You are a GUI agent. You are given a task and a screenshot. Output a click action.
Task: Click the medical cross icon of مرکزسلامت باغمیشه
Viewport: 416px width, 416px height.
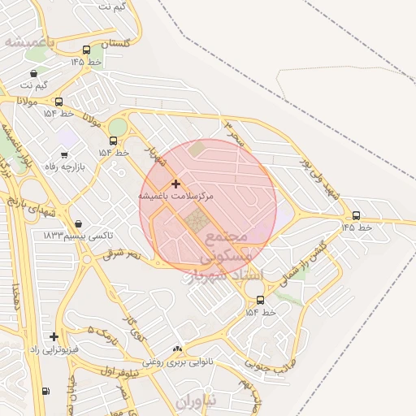click(175, 184)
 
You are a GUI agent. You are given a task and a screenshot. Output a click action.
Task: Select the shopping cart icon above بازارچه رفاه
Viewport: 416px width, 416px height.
click(63, 154)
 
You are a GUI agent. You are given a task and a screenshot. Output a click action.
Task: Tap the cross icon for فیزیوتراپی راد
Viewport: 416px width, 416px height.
click(54, 336)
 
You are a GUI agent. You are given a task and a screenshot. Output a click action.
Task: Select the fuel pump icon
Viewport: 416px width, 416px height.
click(45, 391)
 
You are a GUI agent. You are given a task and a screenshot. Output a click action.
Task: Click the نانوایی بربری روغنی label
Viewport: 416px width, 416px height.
click(177, 362)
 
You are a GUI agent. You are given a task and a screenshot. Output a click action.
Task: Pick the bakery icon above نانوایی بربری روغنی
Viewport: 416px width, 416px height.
click(177, 349)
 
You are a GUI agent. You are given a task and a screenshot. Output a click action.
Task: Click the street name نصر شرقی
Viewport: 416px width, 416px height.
click(122, 254)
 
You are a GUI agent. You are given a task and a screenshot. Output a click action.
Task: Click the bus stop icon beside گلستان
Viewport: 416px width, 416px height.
click(86, 50)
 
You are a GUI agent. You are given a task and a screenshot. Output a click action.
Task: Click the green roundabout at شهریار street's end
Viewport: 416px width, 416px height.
click(118, 128)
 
